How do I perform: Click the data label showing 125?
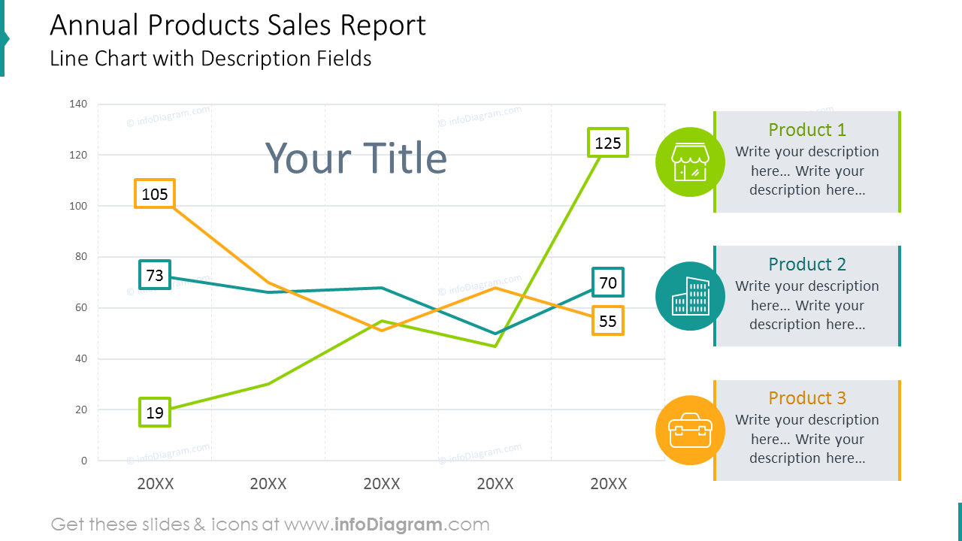click(607, 143)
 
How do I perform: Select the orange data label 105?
click(155, 194)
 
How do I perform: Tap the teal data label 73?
click(155, 275)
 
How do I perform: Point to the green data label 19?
click(155, 413)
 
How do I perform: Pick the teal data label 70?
click(607, 283)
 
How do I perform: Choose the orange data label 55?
click(607, 321)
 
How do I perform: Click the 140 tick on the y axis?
click(79, 104)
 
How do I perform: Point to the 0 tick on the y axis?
click(84, 461)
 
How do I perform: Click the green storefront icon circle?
click(690, 162)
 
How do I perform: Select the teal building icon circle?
click(690, 296)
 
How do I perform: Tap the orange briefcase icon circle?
click(690, 431)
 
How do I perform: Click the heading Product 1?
click(807, 130)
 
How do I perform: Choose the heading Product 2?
click(807, 264)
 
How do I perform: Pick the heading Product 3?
click(807, 398)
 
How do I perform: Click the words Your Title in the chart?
click(356, 159)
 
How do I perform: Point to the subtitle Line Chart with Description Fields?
click(210, 59)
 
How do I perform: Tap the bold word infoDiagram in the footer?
click(386, 524)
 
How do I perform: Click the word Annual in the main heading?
click(95, 26)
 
